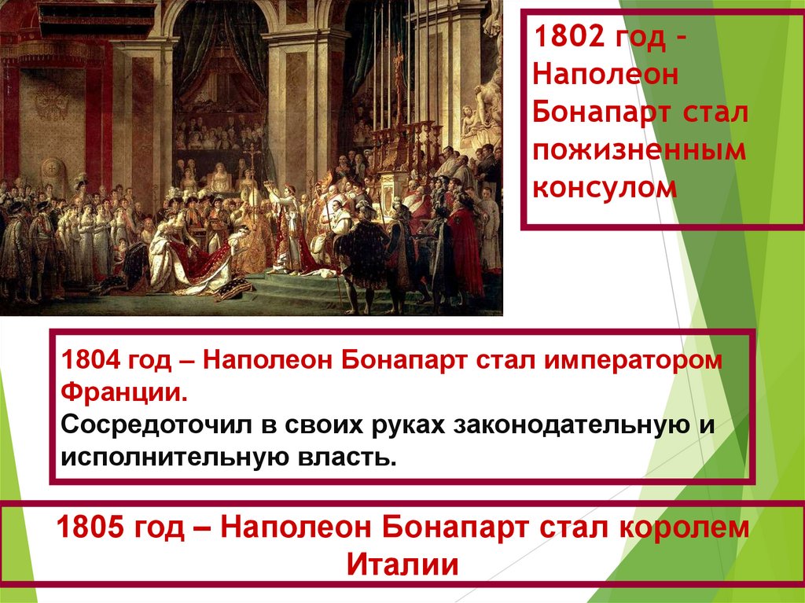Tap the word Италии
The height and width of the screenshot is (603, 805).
click(402, 564)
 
